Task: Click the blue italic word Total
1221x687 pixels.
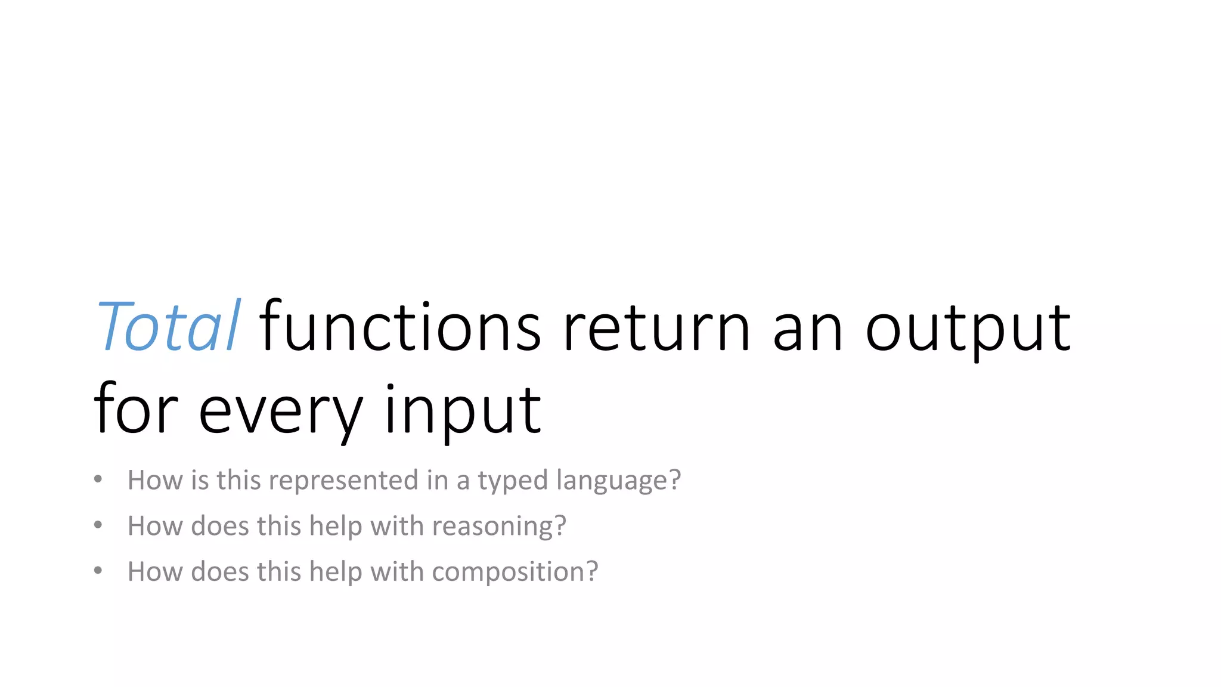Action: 168,327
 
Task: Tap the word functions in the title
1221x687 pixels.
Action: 400,327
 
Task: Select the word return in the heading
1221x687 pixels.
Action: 656,327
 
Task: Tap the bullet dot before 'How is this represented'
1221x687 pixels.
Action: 98,479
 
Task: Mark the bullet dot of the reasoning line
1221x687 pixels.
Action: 98,525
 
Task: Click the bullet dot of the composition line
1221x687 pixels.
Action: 98,571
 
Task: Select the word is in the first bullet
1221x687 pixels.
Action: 200,480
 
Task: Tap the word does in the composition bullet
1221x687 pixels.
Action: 220,571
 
